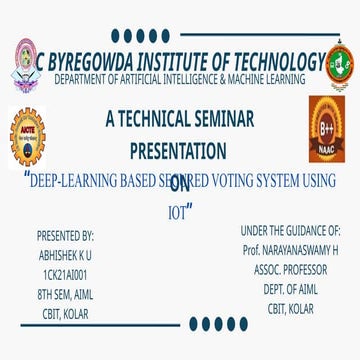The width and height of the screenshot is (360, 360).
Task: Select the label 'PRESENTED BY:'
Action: coord(65,236)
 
